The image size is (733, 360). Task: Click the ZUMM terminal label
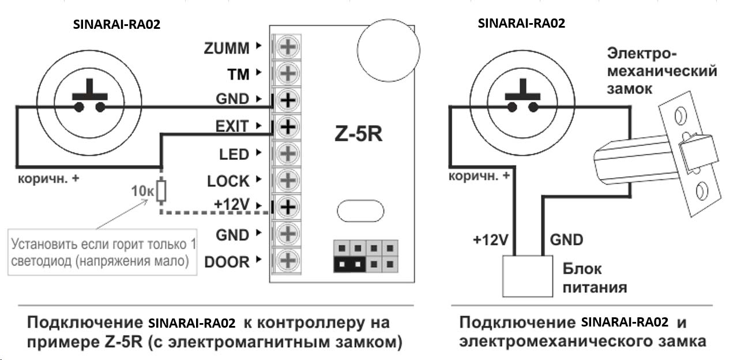point(227,48)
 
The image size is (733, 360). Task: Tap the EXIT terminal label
point(232,126)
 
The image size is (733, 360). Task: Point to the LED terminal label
point(234,154)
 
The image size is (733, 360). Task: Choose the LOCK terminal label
point(228,181)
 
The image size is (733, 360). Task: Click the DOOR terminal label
point(227,262)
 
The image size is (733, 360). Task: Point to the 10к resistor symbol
point(161,190)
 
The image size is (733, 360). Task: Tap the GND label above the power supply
point(566,239)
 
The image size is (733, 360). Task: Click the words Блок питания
point(595,277)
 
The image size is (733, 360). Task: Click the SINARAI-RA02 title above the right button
point(521,23)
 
